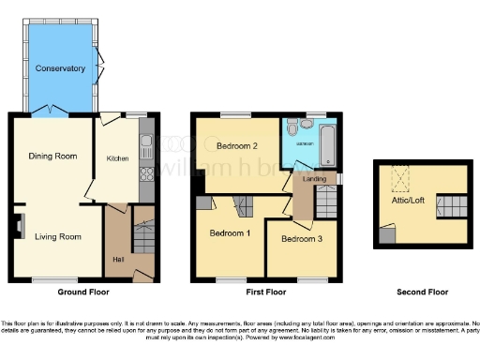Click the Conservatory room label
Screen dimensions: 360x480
(60, 68)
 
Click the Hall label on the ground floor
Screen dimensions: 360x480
(118, 259)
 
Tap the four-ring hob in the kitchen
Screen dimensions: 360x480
(145, 172)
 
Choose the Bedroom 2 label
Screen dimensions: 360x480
(236, 146)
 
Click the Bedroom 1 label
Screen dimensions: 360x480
(229, 232)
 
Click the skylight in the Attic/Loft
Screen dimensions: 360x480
(403, 176)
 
